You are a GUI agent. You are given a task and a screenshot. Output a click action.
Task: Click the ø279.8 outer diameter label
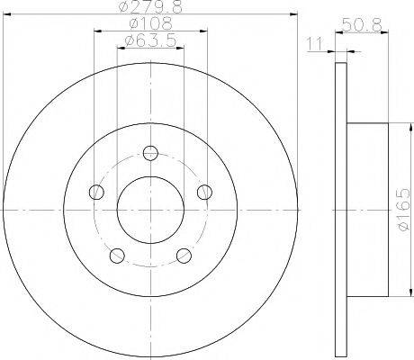(151, 6)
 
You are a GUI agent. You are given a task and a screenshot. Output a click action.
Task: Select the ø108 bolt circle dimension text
(151, 23)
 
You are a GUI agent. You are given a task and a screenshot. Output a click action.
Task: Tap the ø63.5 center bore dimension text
(150, 40)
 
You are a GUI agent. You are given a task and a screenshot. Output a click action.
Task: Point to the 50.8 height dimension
(362, 24)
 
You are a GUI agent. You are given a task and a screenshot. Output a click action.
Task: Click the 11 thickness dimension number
(314, 44)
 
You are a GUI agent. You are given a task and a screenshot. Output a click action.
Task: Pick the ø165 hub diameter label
(403, 210)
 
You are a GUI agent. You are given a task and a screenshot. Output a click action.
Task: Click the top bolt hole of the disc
(150, 153)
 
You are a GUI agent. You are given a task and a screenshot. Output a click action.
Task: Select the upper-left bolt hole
(96, 192)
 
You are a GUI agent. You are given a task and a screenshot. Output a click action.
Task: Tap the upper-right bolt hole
(204, 192)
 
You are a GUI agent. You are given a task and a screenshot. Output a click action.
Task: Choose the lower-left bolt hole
(117, 256)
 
